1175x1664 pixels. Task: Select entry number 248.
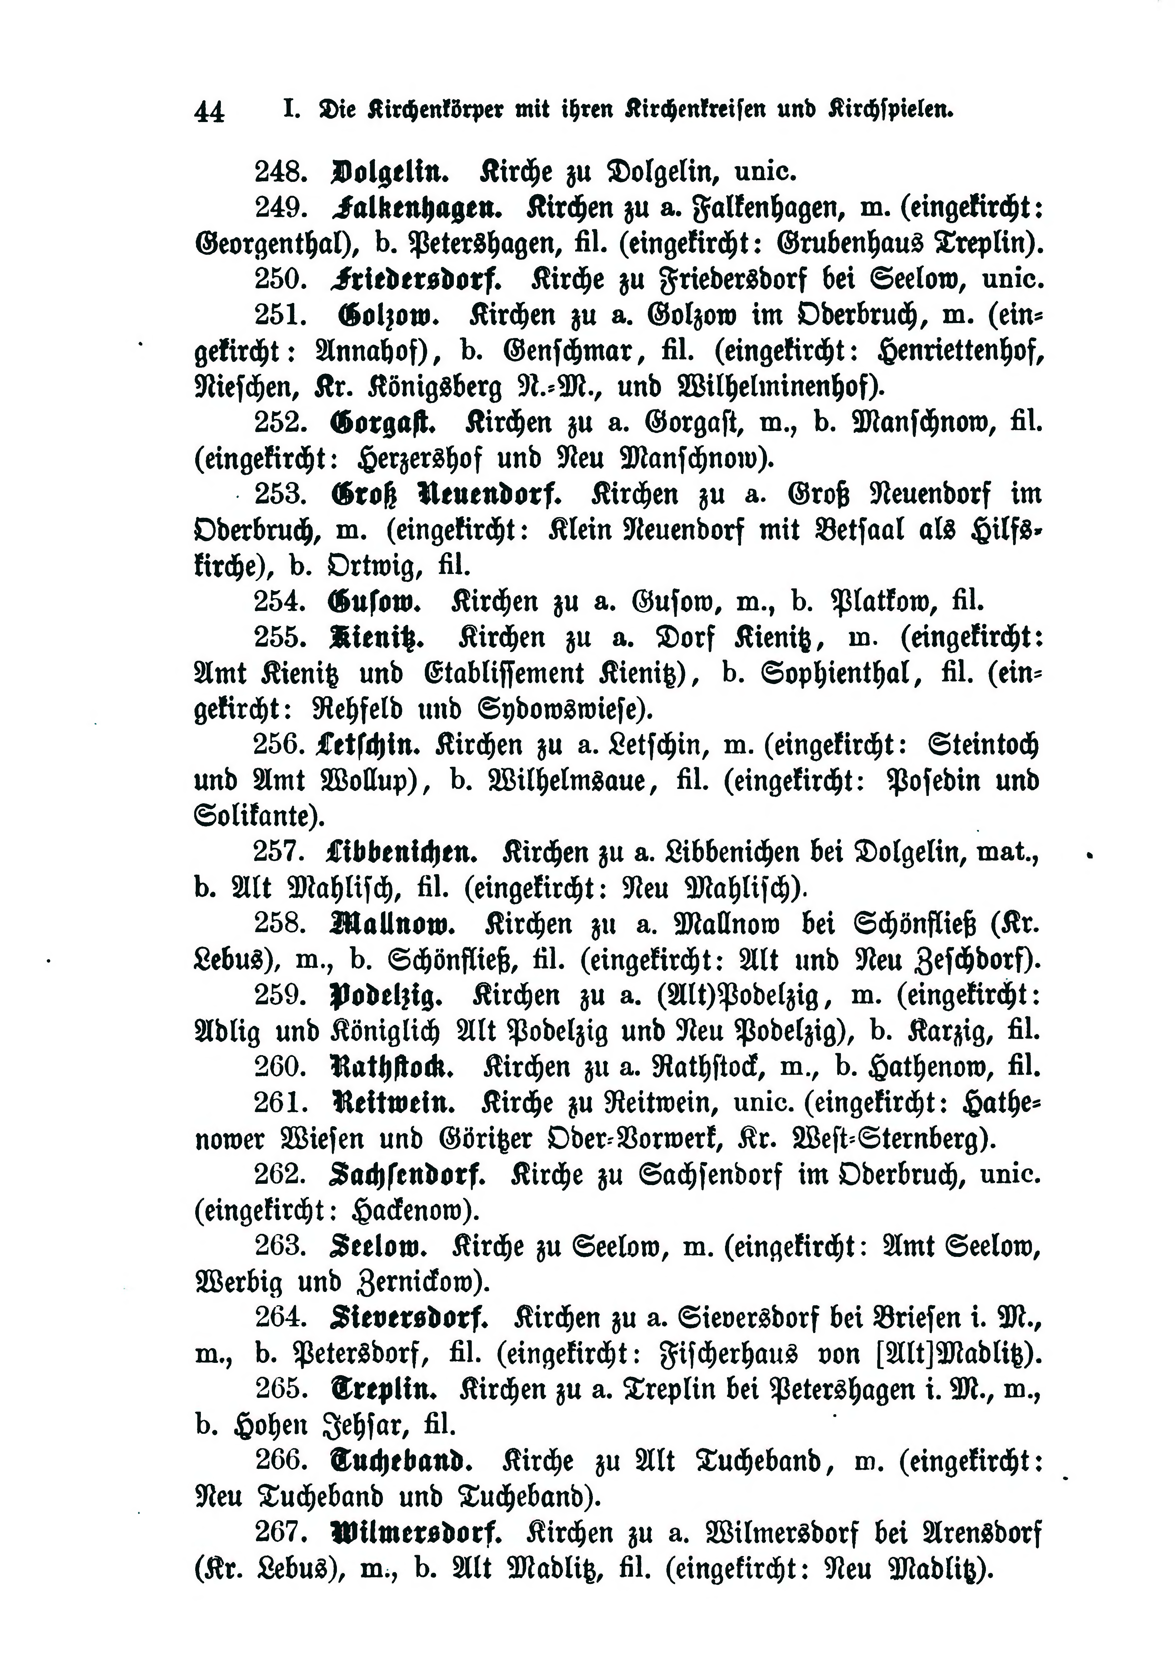point(282,172)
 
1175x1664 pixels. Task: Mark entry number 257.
point(282,852)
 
